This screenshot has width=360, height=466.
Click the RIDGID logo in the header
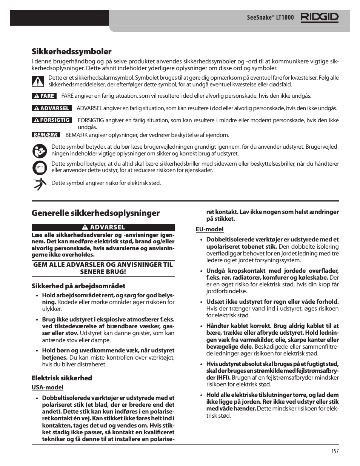319,17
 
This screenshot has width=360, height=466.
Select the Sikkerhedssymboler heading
71,51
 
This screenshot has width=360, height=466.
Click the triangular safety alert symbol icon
38,81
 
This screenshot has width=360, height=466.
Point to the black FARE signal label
44,96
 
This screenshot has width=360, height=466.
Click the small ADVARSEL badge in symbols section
51,108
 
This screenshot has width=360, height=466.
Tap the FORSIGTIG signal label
51,120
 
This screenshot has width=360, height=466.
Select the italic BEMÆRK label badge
46,135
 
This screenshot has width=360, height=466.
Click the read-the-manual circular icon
39,151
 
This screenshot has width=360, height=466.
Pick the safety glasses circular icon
39,167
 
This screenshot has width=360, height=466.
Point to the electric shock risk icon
39,183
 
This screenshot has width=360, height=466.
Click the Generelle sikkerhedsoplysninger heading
95,213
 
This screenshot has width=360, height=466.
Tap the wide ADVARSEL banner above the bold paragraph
103,227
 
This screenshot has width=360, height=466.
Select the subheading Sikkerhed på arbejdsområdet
78,286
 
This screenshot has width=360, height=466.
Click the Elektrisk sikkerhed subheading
62,378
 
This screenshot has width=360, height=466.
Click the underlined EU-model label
209,229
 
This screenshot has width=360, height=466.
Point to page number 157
335,451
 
